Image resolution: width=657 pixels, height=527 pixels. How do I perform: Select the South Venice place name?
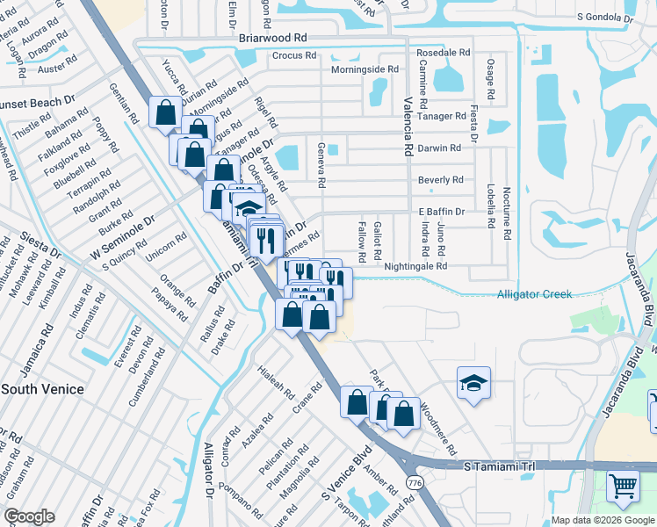[42, 389]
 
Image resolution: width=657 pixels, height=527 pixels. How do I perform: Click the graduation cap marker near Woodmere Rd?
[473, 382]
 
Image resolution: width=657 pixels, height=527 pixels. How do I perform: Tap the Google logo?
[29, 516]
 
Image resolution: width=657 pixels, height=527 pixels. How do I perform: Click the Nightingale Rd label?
[415, 265]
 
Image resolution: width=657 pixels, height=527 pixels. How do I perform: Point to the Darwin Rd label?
[439, 148]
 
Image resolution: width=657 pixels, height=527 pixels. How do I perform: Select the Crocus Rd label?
[293, 55]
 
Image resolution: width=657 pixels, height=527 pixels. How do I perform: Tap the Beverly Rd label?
[440, 180]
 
